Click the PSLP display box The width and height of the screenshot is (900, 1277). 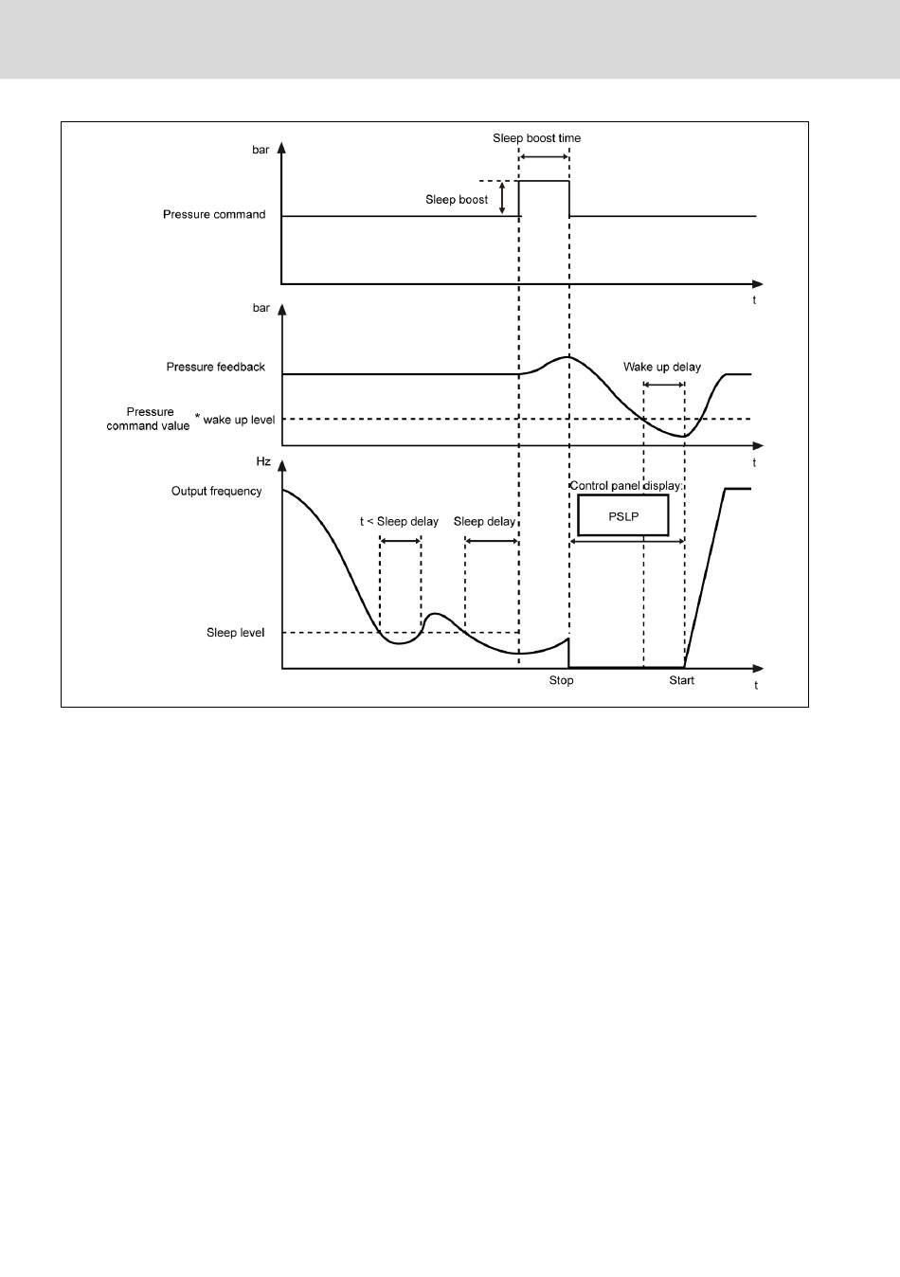[x=622, y=516]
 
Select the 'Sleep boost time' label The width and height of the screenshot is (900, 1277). [x=536, y=138]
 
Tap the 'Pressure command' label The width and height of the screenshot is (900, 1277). [x=214, y=215]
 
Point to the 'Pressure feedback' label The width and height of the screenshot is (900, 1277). [x=215, y=368]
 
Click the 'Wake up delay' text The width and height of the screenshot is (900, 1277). [x=662, y=368]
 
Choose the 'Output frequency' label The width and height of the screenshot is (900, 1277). [x=216, y=492]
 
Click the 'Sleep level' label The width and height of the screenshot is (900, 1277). [x=235, y=633]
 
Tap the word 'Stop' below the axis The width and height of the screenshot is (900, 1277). [x=561, y=681]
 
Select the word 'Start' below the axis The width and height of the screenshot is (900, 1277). [x=681, y=681]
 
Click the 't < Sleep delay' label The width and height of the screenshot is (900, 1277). [x=399, y=522]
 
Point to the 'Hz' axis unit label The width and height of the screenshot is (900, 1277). [x=263, y=462]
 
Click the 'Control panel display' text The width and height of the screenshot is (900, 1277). [x=624, y=486]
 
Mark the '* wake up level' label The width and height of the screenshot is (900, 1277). [x=235, y=420]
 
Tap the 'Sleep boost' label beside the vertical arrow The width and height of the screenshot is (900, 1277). [x=457, y=200]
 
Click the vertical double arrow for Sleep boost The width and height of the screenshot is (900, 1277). [x=503, y=198]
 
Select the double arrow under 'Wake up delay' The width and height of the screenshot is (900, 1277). [x=663, y=384]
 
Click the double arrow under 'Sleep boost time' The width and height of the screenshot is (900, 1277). [x=544, y=155]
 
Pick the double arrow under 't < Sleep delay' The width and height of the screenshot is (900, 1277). [x=400, y=541]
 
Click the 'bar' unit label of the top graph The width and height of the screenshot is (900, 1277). [x=261, y=151]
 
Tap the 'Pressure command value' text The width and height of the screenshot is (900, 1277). [x=149, y=420]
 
